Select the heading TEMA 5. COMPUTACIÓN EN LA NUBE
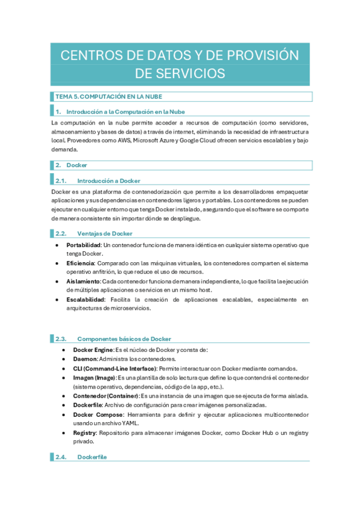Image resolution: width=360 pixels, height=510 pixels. [109, 97]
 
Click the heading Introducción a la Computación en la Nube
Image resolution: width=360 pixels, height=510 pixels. [126, 112]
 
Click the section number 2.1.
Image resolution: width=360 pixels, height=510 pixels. [61, 180]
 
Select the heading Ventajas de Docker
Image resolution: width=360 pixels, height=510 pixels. [105, 233]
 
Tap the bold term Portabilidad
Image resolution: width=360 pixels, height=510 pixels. [84, 245]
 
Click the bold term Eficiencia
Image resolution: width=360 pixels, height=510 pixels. [80, 263]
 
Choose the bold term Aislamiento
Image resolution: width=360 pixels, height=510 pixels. [84, 281]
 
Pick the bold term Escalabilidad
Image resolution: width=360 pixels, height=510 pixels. [85, 299]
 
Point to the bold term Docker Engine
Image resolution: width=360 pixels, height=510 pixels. [93, 350]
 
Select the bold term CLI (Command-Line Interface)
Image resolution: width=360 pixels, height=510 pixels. [114, 368]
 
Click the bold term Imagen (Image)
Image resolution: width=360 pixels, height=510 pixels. [94, 378]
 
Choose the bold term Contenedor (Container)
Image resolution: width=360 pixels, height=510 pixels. [105, 396]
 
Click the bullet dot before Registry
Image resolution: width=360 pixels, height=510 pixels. [65, 432]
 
